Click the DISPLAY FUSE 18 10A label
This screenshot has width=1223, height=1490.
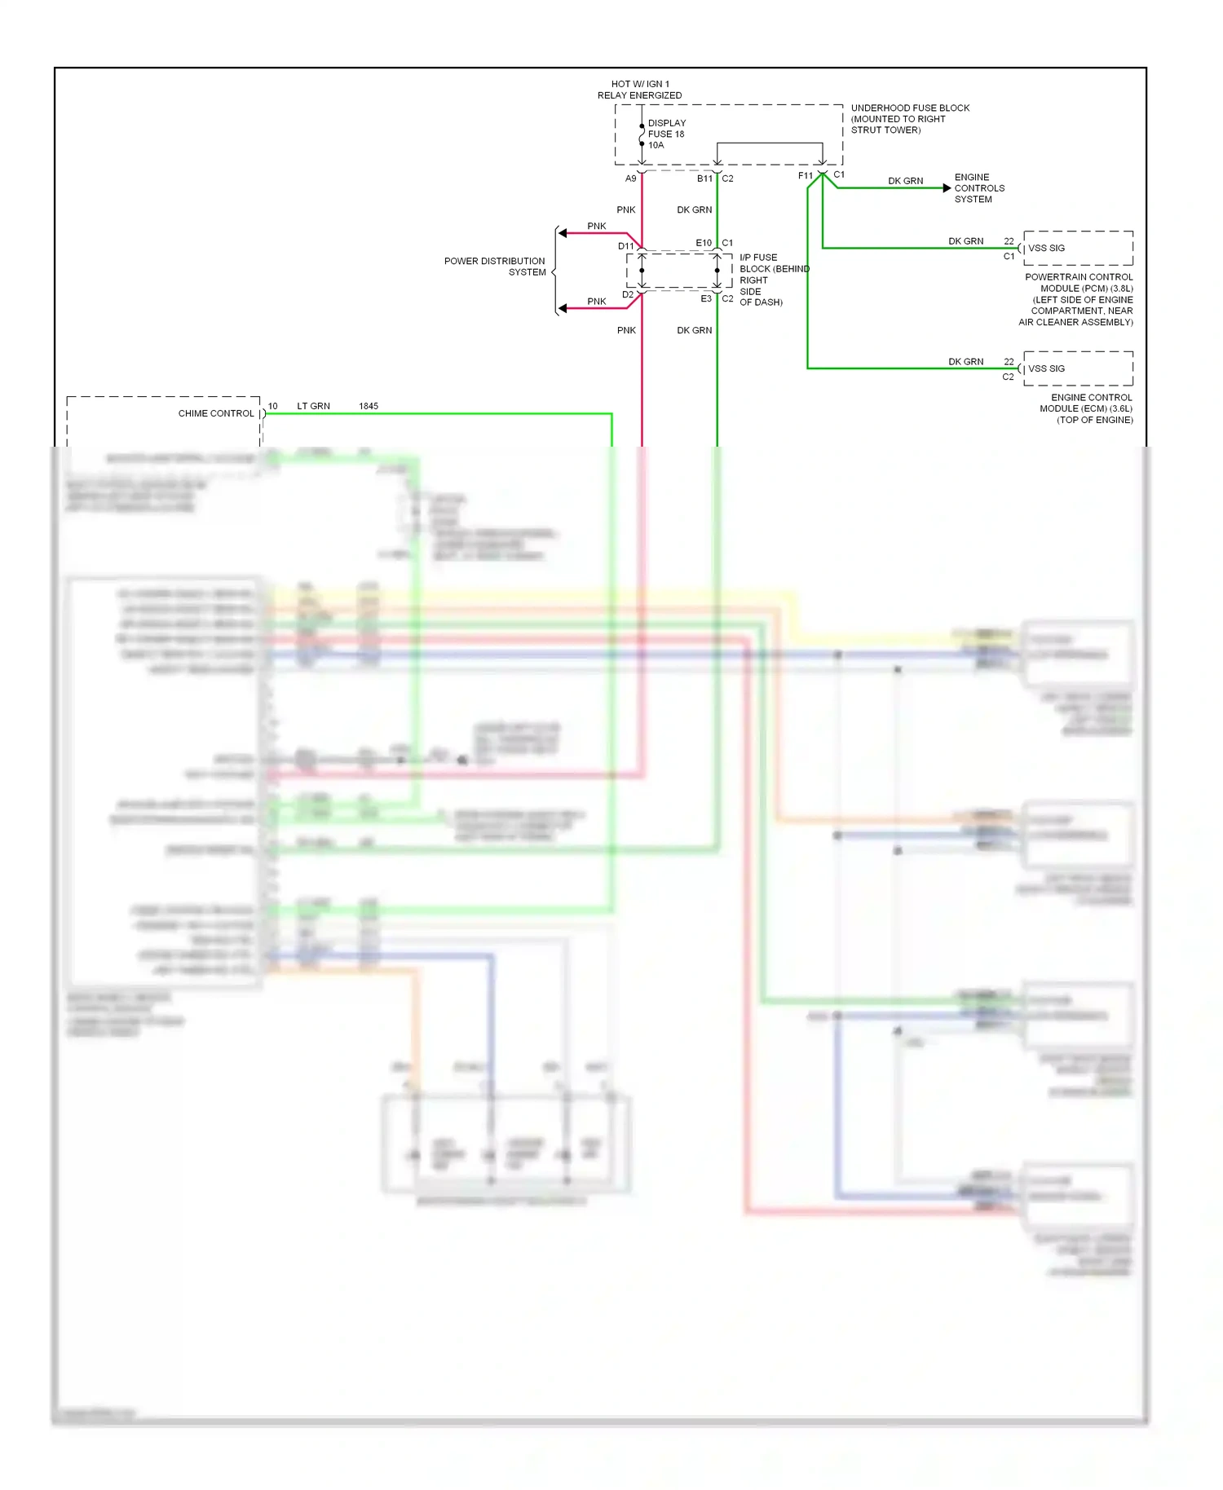666,134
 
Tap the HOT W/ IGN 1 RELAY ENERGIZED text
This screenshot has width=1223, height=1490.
639,90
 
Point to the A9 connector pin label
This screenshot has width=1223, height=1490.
630,179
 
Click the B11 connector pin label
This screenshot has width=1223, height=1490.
704,179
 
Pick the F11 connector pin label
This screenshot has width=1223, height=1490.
805,176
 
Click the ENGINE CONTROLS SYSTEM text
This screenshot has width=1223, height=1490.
978,188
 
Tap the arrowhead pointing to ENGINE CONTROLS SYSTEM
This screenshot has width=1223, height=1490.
947,188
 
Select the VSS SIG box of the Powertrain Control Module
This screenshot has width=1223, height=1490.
1077,248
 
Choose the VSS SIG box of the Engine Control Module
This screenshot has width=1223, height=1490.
1077,368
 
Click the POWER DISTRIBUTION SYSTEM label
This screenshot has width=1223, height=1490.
495,267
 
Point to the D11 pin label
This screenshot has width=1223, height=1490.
625,246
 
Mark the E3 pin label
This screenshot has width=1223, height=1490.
706,299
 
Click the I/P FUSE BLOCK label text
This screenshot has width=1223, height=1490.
773,280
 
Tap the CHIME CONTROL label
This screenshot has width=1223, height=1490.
216,413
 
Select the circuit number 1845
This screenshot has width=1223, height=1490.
369,406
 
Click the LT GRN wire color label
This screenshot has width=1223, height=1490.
313,406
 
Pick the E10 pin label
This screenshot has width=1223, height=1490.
704,243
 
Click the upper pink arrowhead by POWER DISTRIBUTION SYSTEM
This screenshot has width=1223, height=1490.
563,233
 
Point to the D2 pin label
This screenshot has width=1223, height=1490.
627,295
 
